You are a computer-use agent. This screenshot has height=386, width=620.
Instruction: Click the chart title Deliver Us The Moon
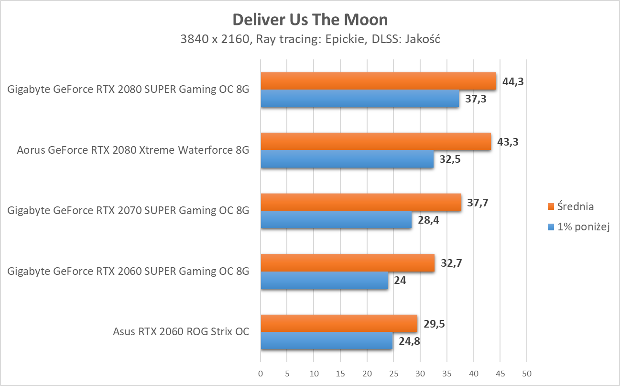[310, 19]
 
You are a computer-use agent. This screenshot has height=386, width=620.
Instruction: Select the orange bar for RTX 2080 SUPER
[378, 81]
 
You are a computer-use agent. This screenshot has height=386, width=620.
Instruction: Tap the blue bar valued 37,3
[359, 99]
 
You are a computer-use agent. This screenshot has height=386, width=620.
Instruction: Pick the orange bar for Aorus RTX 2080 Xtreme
[376, 142]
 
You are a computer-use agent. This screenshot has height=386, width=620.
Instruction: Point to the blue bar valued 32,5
[347, 159]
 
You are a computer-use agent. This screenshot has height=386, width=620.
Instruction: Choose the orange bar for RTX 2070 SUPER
[361, 202]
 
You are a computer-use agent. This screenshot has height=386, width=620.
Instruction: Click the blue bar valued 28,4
[336, 219]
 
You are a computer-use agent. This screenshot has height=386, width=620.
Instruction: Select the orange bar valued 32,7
[348, 263]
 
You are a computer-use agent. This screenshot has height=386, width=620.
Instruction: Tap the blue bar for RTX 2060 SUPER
[325, 280]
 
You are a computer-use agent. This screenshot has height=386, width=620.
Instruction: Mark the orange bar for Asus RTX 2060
[339, 323]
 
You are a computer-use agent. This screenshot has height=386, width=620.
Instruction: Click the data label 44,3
[513, 81]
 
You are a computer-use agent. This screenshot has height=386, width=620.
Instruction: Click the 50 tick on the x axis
[526, 373]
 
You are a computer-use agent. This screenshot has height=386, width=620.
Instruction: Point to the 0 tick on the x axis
[261, 373]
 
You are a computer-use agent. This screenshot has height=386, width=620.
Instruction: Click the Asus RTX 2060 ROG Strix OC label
[181, 331]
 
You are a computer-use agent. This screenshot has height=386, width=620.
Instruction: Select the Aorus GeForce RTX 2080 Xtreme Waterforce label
[133, 150]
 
